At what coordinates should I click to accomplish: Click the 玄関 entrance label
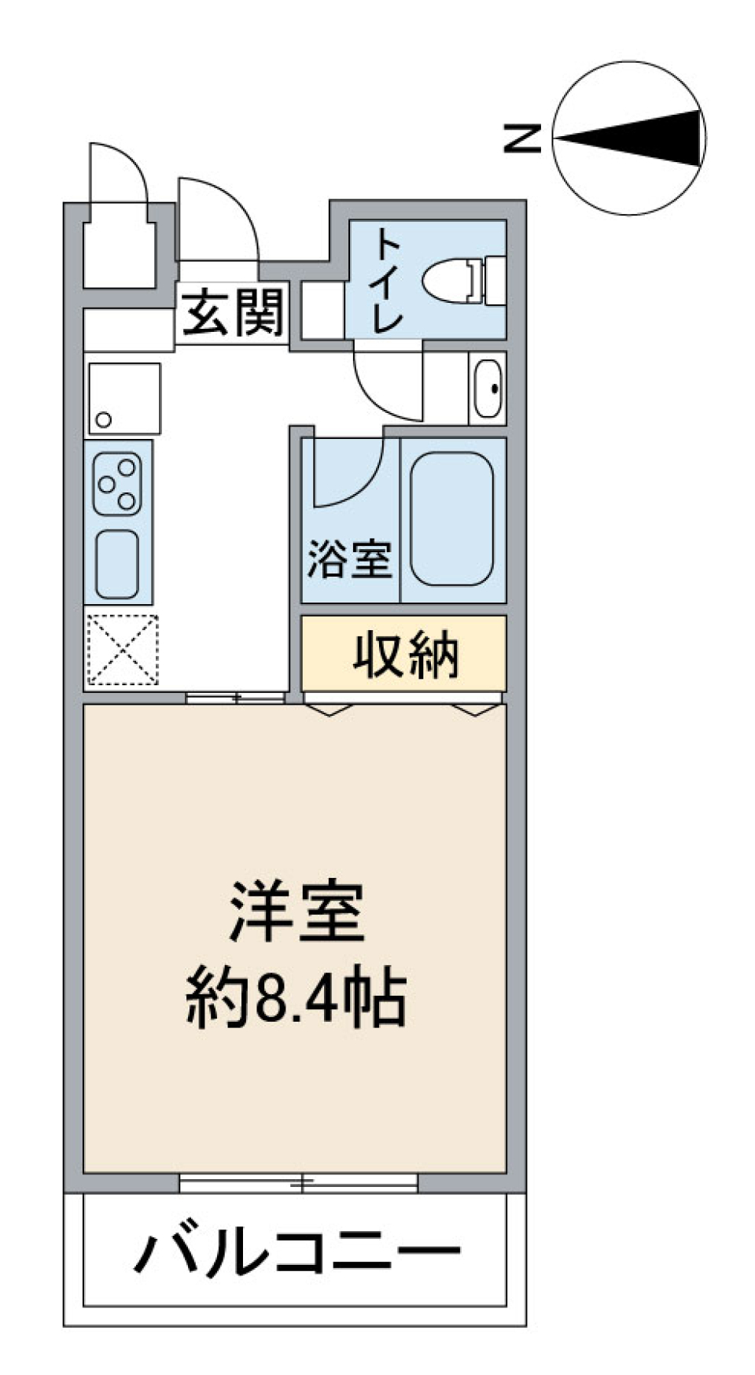233,312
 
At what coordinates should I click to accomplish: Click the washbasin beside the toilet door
488,389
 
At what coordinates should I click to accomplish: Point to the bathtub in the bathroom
451,518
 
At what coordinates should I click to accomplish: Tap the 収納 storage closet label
404,655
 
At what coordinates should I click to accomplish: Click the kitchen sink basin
117,564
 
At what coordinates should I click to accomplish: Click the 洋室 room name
296,912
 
